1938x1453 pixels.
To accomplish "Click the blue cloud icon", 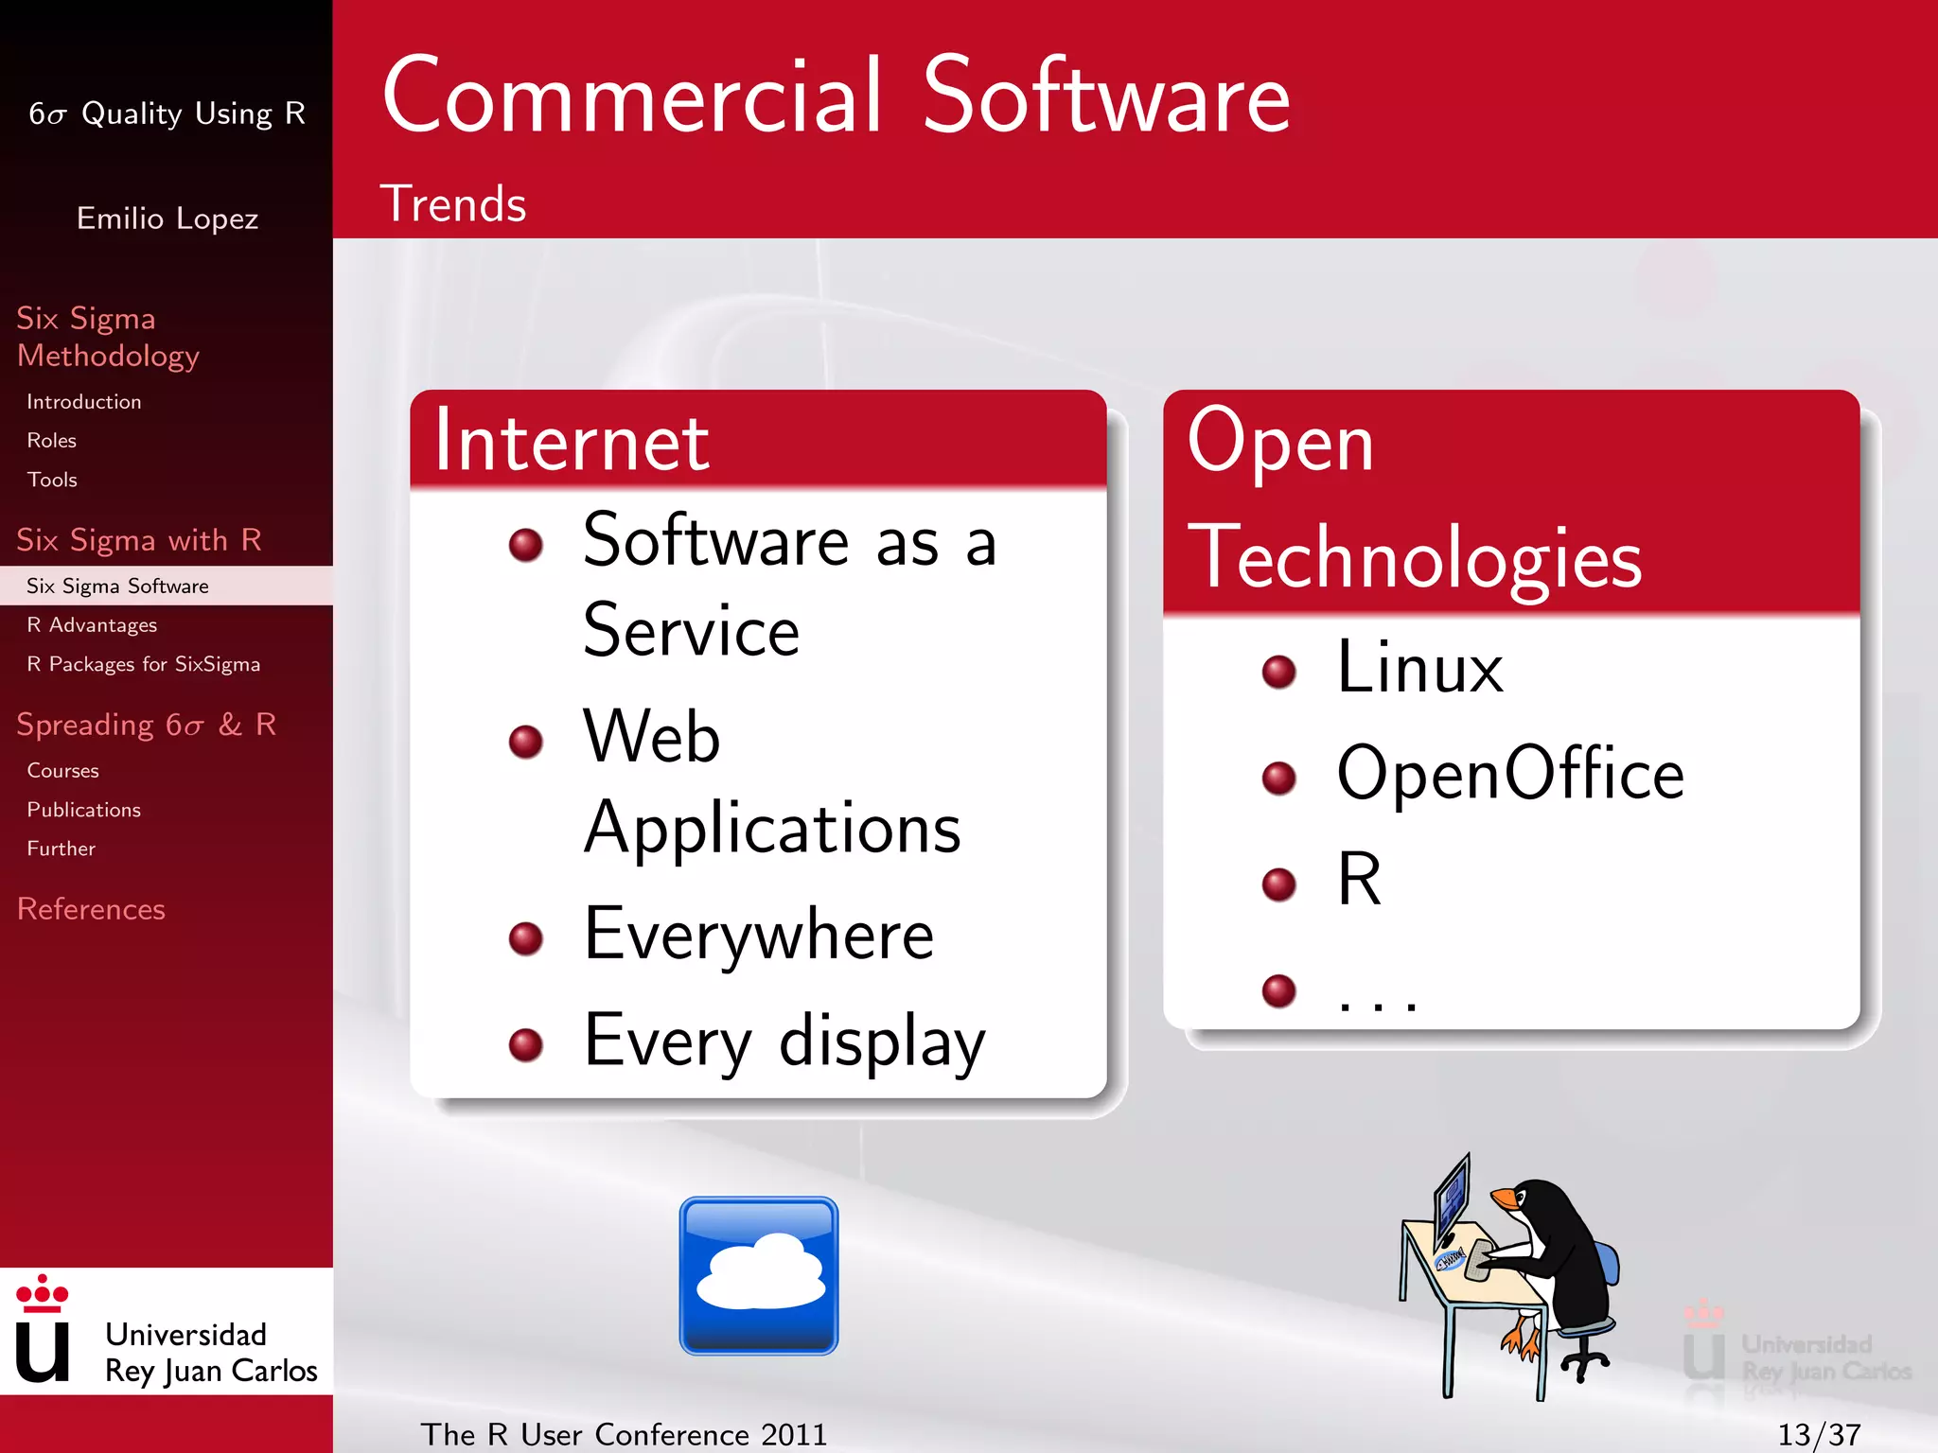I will click(x=758, y=1275).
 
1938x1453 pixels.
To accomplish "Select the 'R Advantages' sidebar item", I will click(x=92, y=625).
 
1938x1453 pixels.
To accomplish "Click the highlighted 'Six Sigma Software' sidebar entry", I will click(x=117, y=586).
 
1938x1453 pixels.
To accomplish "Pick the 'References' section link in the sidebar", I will click(x=91, y=909).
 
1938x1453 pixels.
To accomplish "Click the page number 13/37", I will click(x=1819, y=1434).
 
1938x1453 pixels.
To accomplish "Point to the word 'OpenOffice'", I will click(x=1510, y=774).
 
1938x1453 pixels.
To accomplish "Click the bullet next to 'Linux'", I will click(x=1279, y=672).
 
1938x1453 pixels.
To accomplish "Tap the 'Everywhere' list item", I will click(x=759, y=935).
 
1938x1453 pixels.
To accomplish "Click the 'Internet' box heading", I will click(x=572, y=442).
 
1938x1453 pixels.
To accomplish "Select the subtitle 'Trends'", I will click(x=452, y=204).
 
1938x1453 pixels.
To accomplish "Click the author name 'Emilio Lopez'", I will click(x=167, y=219).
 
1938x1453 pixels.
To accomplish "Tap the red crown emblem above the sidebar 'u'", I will click(x=43, y=1292).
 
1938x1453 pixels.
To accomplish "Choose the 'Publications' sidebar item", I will click(x=83, y=810).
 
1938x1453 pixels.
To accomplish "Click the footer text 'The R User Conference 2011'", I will click(x=624, y=1434).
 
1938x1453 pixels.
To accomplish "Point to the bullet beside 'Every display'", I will click(x=526, y=1044).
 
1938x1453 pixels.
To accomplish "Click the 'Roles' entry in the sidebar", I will click(x=51, y=441).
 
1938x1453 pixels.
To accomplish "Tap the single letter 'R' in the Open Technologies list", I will click(x=1359, y=880).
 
